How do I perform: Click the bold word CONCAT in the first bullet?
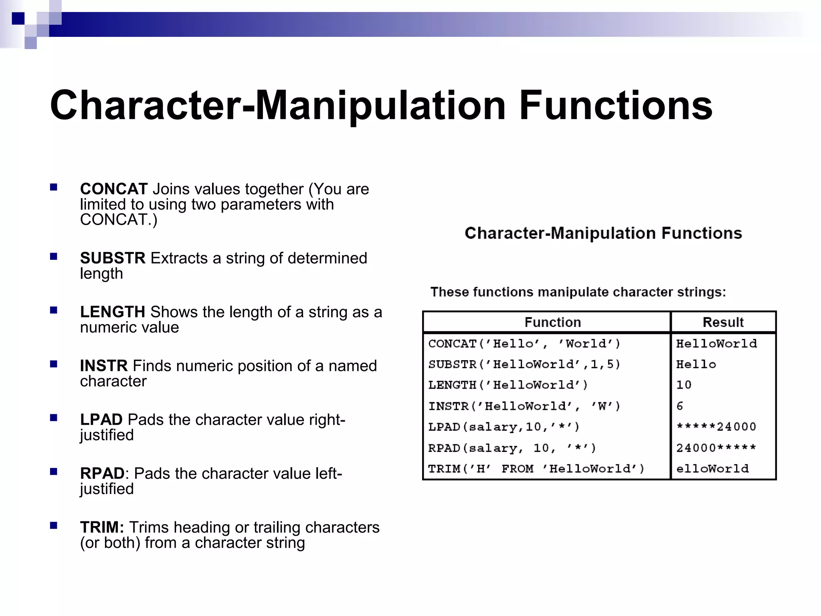(x=114, y=189)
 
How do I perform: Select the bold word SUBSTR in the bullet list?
(x=113, y=258)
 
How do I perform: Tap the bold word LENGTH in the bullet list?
(x=112, y=312)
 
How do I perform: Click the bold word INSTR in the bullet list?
(x=104, y=365)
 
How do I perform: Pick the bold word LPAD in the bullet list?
(x=101, y=419)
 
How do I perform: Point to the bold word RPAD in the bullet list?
(x=102, y=473)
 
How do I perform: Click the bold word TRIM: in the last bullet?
(x=102, y=527)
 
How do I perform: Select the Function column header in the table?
(x=552, y=322)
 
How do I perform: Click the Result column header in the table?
(x=723, y=322)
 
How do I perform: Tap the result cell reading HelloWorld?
(x=716, y=343)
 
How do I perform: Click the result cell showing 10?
(x=684, y=385)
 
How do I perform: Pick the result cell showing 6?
(x=680, y=406)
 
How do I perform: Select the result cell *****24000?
(x=716, y=427)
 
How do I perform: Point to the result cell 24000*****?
(x=716, y=448)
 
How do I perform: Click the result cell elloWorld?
(x=712, y=468)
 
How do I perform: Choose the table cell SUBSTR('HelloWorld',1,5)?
(x=524, y=364)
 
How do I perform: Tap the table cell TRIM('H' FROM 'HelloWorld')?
(x=536, y=468)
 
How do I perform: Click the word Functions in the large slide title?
(x=616, y=105)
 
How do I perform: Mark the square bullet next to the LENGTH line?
(x=54, y=310)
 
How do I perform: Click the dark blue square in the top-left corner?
(x=18, y=18)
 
